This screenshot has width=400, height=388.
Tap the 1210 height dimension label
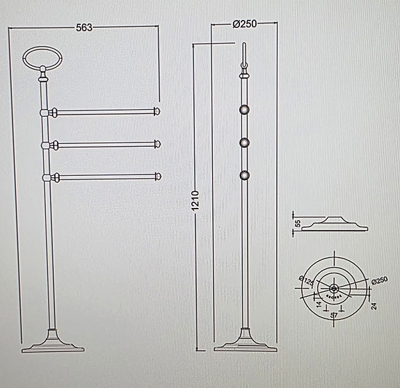(x=195, y=202)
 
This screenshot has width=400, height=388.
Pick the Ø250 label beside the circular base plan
(x=379, y=280)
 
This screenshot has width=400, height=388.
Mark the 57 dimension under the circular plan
(x=334, y=315)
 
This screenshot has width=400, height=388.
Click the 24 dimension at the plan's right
(x=374, y=306)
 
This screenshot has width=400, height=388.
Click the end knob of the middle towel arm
(x=158, y=144)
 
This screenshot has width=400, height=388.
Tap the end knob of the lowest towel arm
(x=158, y=177)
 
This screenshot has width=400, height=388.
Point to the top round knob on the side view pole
(x=244, y=109)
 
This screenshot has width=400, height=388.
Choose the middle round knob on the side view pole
(x=244, y=143)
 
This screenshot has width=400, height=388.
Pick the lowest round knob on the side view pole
(x=244, y=175)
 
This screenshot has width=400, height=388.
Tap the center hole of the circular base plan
(x=334, y=287)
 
